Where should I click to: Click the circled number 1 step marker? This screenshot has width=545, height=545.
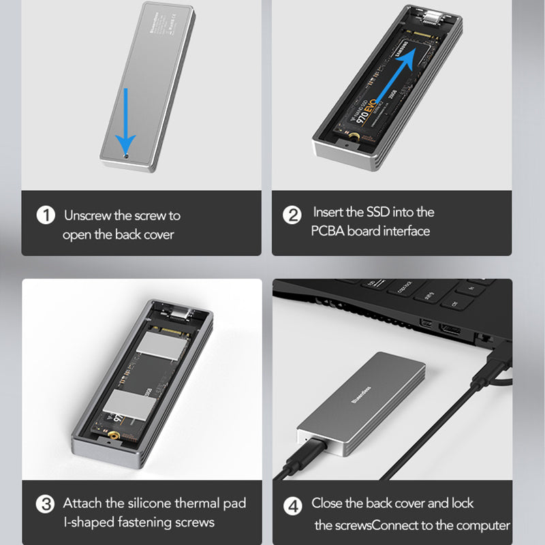[x=46, y=216]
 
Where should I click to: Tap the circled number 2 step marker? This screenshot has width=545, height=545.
[x=292, y=215]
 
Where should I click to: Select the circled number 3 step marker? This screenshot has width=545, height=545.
[x=46, y=505]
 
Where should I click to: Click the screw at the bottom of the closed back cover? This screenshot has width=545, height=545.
[x=127, y=156]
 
